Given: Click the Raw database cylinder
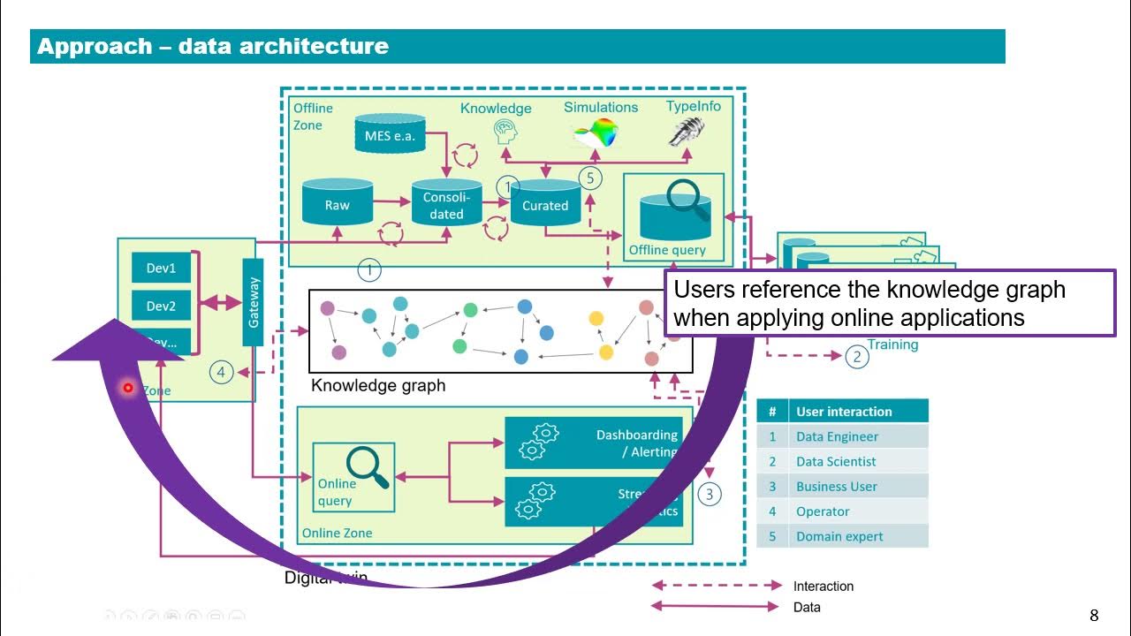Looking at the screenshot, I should click(337, 203).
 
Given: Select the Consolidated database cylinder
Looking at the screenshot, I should click(446, 204).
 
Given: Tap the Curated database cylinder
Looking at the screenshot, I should click(545, 203).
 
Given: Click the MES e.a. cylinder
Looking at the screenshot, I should click(390, 135).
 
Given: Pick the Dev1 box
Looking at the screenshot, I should click(161, 268).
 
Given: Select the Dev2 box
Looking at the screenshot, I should click(161, 307).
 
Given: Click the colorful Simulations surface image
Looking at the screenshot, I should click(597, 132).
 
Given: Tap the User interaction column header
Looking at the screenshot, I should click(843, 412).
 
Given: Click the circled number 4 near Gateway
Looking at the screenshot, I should click(221, 373).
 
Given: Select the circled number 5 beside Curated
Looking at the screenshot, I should click(591, 178).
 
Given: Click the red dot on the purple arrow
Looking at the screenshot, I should click(128, 388).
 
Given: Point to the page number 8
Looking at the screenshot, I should click(1094, 616).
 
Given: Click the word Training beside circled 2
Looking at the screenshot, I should click(892, 344).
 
